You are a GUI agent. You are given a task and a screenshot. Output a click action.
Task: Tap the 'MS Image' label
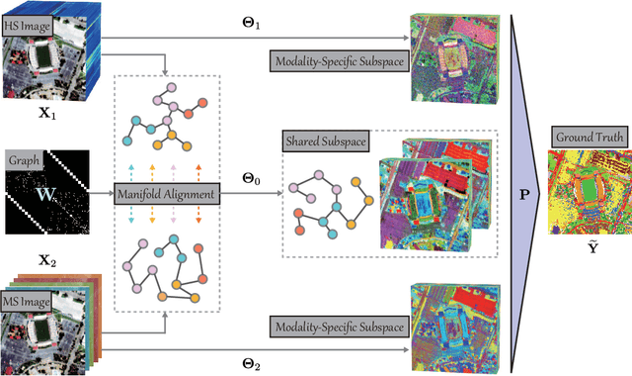(x=35, y=271)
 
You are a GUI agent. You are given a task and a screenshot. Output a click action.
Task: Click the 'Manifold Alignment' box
(x=165, y=196)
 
